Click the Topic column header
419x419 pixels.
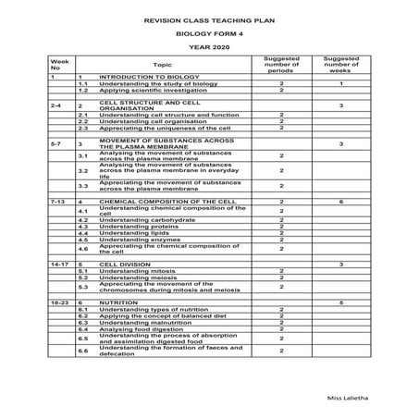162,65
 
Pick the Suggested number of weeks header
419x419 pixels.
340,65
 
